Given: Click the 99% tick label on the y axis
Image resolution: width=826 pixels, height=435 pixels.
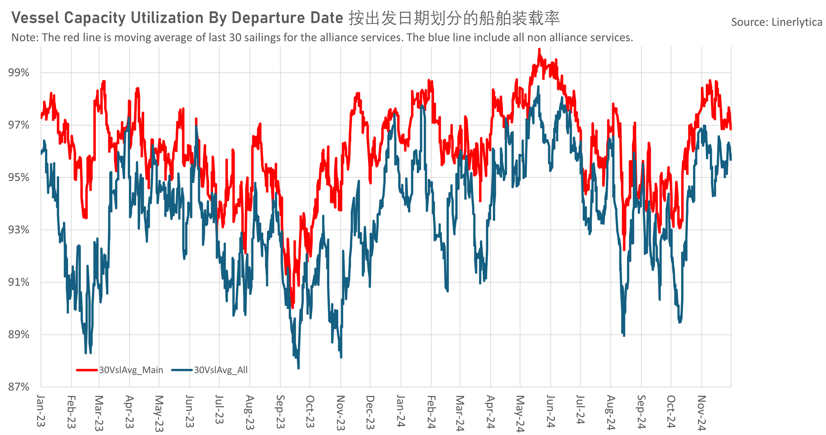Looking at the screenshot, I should coord(19,73).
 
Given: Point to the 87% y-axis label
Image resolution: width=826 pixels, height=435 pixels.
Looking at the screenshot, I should coord(19,387).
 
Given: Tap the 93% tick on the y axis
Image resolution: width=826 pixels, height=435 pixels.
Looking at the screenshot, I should coord(19,230).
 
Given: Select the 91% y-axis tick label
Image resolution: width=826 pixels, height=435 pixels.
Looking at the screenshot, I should coord(19,282).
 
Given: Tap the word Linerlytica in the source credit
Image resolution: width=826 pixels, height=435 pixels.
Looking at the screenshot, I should coord(797,22).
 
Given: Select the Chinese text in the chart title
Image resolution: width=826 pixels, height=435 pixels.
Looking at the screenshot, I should coord(454,18).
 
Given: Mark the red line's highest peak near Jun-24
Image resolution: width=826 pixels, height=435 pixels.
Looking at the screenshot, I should coord(539,49).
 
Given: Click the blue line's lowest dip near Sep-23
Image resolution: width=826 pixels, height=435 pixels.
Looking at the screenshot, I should coord(298,368).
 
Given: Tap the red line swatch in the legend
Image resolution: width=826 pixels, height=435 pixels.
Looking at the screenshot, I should coord(87,370).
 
